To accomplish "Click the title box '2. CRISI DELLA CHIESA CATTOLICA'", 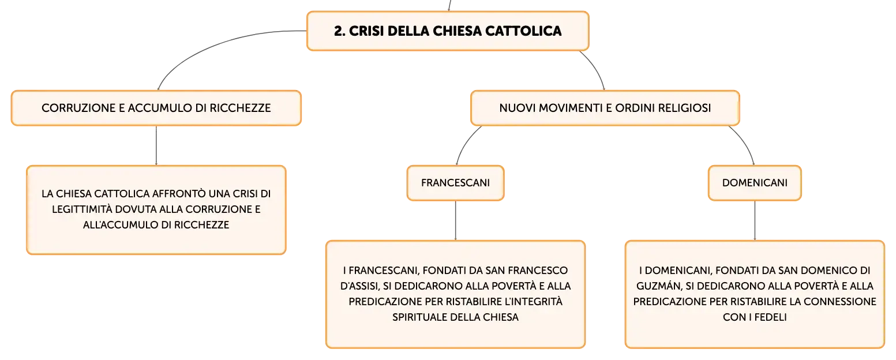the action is pos(448,31).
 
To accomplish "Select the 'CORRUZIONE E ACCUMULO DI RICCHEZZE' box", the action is pos(156,108).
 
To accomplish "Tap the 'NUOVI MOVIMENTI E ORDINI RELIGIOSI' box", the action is pos(605,108).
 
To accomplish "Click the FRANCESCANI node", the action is pos(455,183).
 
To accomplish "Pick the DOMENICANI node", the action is pos(755,183).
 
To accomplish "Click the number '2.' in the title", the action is pos(340,31).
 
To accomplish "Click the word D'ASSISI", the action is pos(359,286).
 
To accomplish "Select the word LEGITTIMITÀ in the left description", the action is pos(82,209).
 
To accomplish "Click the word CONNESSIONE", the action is pos(839,302).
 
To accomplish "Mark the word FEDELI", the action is pos(770,317).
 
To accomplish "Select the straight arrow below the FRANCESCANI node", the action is pos(455,220).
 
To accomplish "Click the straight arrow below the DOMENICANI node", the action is pos(755,220).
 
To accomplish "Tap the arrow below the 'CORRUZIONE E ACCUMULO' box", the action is pos(156,145).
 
